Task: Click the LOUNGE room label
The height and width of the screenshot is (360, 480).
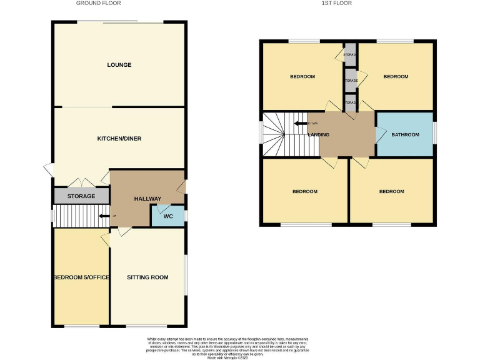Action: click(119, 65)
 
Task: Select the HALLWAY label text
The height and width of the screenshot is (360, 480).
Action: click(147, 199)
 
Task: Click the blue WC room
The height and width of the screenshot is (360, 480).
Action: click(167, 216)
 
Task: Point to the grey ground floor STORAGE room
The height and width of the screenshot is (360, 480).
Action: click(81, 196)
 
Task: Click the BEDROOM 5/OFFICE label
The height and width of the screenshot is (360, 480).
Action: click(81, 277)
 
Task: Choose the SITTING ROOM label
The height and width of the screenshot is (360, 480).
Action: click(147, 277)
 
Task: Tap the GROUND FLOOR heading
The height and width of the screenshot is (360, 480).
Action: click(98, 3)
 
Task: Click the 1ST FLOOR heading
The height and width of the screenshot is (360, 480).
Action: click(336, 3)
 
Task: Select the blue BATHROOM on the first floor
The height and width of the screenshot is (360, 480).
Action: click(405, 134)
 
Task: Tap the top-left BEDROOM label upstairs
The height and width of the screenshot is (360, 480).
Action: click(302, 77)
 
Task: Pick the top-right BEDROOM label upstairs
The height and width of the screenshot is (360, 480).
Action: click(395, 77)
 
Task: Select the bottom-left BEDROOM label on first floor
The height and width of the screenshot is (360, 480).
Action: click(305, 192)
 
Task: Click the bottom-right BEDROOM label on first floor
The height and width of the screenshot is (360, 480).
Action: click(391, 192)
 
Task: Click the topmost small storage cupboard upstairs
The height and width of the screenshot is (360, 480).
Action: click(350, 55)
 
